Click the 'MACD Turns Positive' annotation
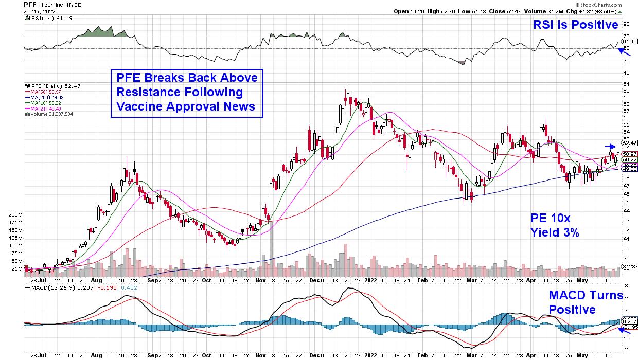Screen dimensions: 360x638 [586, 303]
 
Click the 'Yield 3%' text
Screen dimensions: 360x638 [555, 233]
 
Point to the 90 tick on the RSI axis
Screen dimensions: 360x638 [626, 24]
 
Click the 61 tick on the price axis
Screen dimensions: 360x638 [626, 84]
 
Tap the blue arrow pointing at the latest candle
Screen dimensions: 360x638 [609, 146]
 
